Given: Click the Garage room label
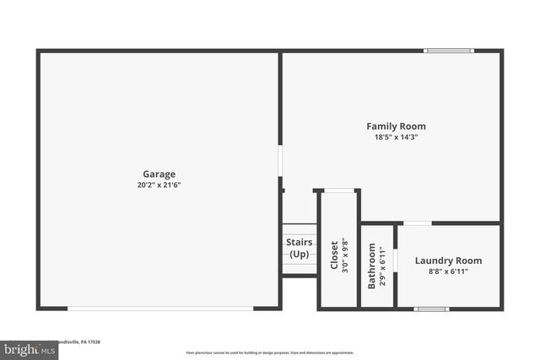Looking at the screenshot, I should click(159, 175).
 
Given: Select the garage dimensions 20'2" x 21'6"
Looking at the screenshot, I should click(159, 185).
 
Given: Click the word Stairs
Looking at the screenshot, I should click(299, 243).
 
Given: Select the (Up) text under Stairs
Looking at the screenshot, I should click(299, 254).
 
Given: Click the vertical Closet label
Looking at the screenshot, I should click(334, 255).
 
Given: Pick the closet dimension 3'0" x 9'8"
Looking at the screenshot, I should click(344, 255).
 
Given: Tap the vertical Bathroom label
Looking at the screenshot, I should click(371, 266).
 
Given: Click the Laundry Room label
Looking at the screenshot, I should click(448, 261).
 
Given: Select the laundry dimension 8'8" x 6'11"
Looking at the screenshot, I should click(448, 271).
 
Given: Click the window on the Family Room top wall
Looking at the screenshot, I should click(449, 51).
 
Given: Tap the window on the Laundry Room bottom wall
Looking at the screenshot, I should click(431, 309).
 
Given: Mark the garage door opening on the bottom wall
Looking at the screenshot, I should click(160, 309).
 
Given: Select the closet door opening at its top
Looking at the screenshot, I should click(337, 191).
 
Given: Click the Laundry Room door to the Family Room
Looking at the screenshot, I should click(417, 223).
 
